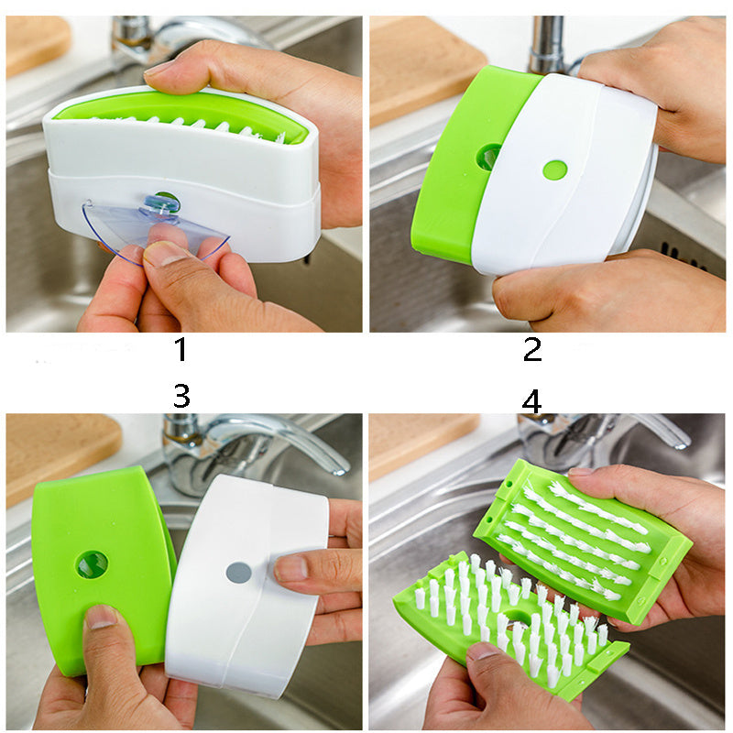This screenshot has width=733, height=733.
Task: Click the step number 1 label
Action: pos(181,350)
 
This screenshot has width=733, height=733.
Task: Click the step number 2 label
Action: pos(532,349)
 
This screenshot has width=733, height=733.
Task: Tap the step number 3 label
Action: pos(181,397)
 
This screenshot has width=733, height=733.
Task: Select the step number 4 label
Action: pos(531,401)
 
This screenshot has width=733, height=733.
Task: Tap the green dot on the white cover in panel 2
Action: pos(554,170)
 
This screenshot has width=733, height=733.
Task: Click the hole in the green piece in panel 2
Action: pos(488,157)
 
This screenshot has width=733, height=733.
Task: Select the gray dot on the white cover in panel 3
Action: pos(238,573)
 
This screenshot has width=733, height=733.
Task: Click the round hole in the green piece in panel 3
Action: pos(92,564)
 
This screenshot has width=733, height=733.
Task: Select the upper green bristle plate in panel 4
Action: pos(582,541)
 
